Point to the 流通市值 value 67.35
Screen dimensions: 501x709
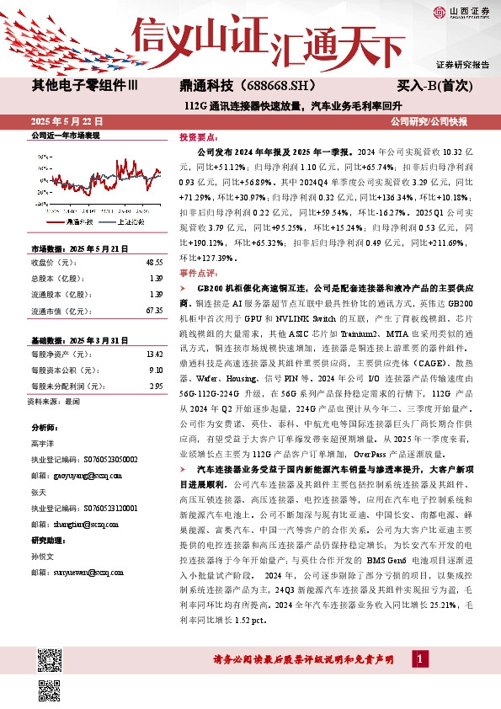coord(154,311)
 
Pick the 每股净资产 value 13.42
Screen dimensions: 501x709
coord(154,354)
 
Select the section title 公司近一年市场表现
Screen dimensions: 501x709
coord(66,136)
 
